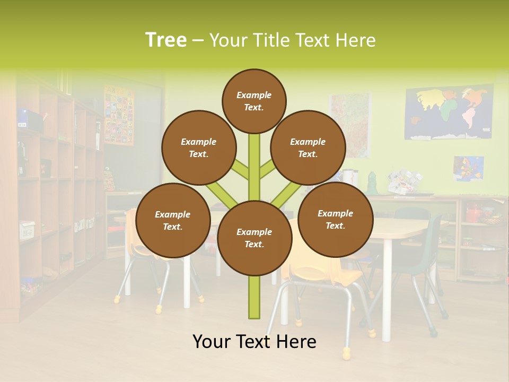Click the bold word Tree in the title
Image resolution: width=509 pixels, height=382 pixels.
pos(166,40)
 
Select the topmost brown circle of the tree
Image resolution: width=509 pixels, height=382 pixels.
pos(254,101)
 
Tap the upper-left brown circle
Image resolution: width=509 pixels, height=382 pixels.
pos(199,147)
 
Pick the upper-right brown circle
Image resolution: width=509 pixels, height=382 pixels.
pos(308,147)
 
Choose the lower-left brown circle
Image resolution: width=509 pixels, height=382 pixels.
pos(173,220)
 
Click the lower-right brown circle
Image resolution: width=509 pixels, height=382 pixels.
pos(335,219)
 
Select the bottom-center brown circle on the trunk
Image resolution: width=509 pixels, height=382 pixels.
pos(254,238)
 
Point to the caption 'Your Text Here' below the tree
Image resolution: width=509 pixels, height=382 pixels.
pos(254,342)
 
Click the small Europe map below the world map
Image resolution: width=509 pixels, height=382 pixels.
pos(468,168)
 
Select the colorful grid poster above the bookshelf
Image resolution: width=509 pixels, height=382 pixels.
pos(119,115)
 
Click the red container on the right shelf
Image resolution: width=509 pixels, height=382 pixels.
pos(472,214)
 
